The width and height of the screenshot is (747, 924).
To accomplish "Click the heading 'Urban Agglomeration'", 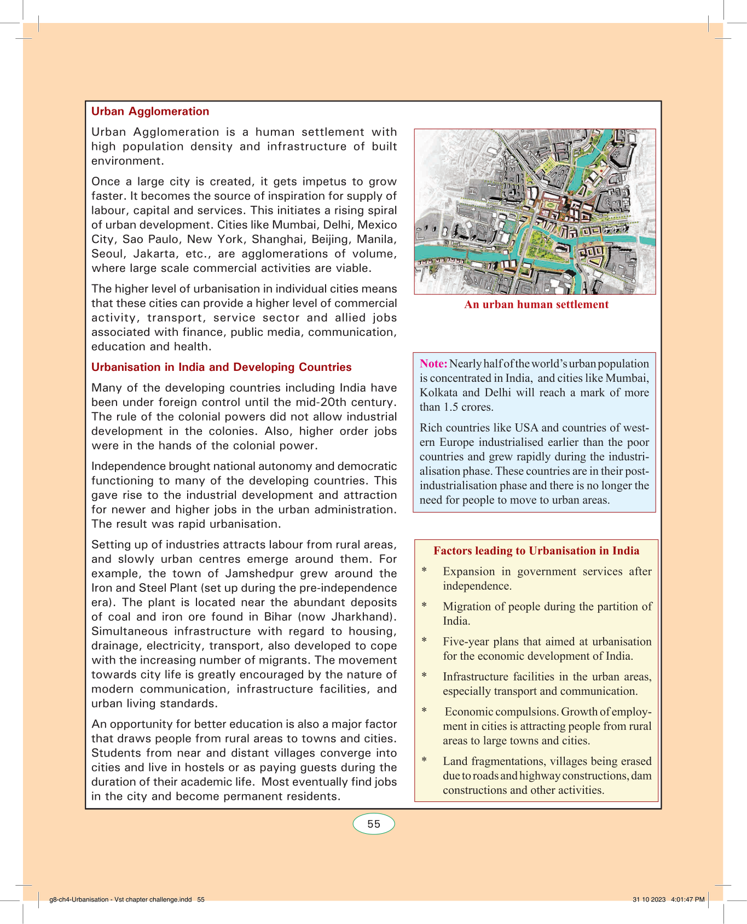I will (150, 112).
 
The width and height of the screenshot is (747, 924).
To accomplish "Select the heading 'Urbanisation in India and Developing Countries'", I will (221, 367).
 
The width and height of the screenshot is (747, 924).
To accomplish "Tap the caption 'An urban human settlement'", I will (536, 305).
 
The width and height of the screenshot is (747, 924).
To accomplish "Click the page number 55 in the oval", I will (374, 824).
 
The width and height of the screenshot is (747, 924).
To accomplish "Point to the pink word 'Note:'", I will (433, 364).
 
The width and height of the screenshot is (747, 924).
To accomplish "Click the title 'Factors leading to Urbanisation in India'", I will (536, 551).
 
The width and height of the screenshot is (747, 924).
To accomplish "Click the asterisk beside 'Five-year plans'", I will (424, 640).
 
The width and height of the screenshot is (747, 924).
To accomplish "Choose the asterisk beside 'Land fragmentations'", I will (424, 760).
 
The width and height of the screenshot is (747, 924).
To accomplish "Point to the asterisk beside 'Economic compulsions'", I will (424, 710).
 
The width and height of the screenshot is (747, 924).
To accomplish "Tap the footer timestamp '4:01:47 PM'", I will (688, 899).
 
